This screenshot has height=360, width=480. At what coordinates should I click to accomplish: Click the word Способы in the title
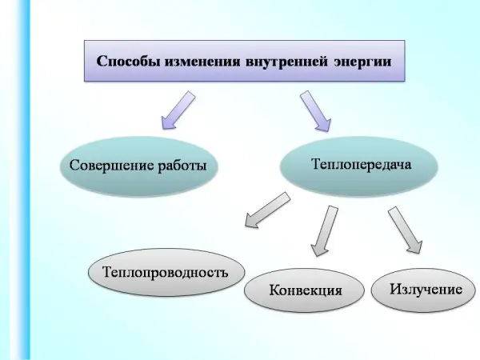pyautogui.click(x=127, y=60)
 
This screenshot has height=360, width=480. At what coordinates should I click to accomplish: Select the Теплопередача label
pyautogui.click(x=360, y=165)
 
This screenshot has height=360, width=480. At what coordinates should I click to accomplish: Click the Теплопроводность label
pyautogui.click(x=166, y=271)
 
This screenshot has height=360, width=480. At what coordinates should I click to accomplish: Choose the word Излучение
pyautogui.click(x=426, y=287)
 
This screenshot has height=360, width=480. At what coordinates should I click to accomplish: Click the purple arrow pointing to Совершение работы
pyautogui.click(x=178, y=110)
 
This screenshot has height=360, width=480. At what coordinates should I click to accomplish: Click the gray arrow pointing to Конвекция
pyautogui.click(x=325, y=230)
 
